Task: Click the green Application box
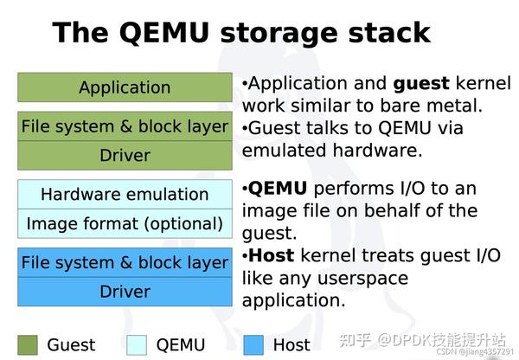click(x=125, y=87)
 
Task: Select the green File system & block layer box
click(x=125, y=126)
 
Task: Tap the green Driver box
click(x=125, y=156)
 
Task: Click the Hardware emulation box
click(x=125, y=194)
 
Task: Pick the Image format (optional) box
click(x=125, y=223)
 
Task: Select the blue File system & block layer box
click(x=125, y=262)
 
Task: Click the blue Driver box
click(x=125, y=292)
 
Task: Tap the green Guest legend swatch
click(x=28, y=344)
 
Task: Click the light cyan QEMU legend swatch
click(x=137, y=344)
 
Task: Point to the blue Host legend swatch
click(x=253, y=344)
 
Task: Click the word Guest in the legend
click(x=71, y=344)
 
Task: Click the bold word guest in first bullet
click(x=421, y=84)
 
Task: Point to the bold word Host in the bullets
click(x=272, y=256)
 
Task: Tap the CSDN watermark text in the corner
click(x=475, y=351)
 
